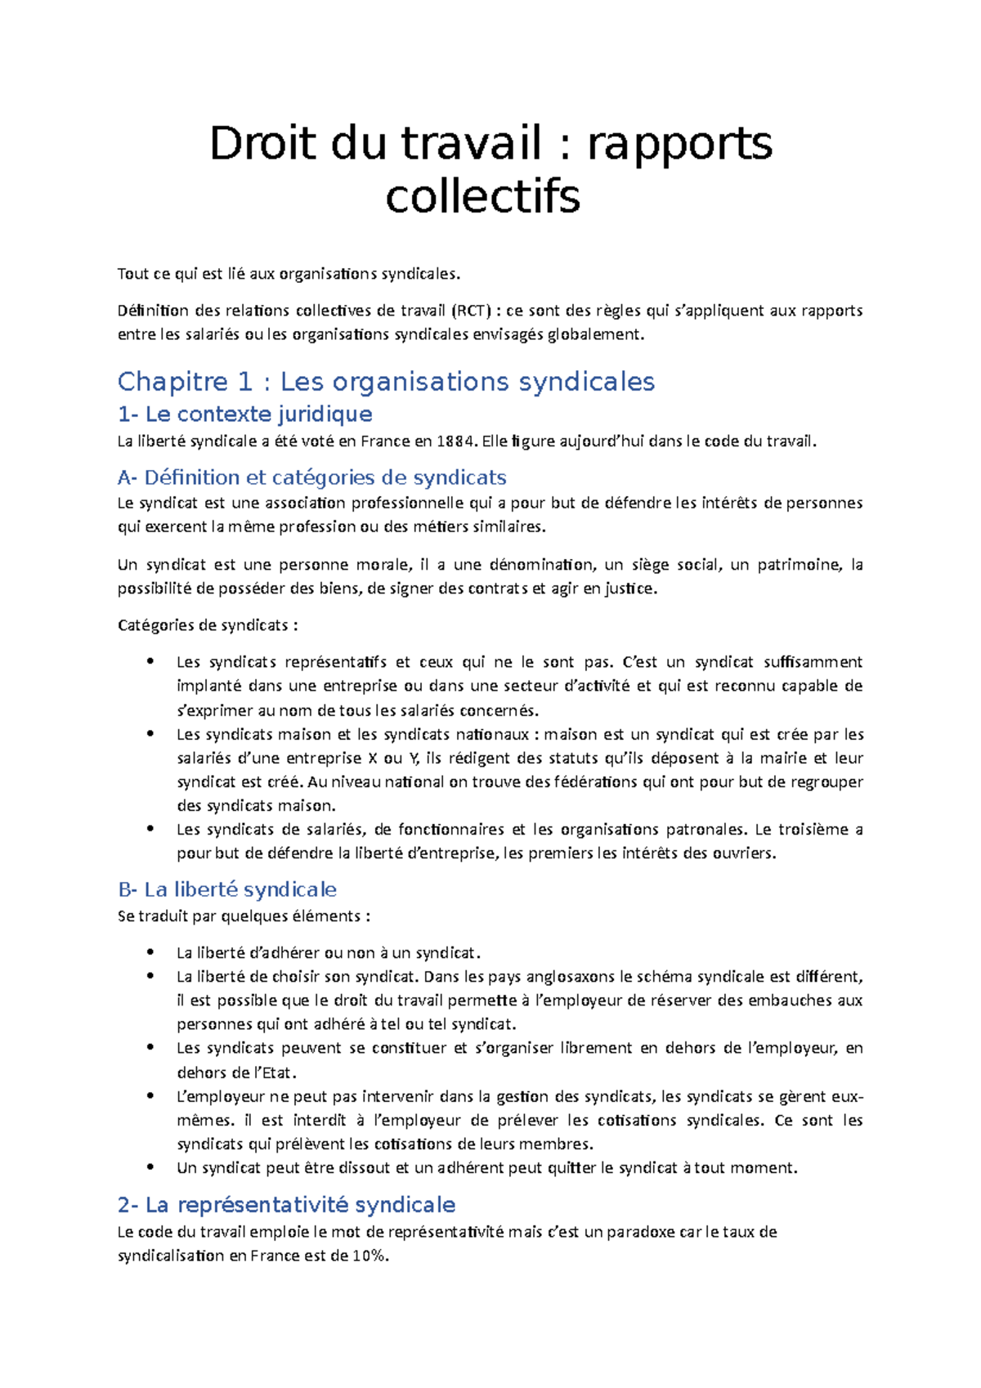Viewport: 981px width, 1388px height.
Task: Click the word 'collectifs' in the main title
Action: tap(482, 197)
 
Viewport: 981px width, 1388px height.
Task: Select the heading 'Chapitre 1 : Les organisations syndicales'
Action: tap(386, 382)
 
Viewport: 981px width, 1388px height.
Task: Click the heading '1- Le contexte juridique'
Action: tap(244, 414)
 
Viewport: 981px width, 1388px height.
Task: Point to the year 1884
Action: tap(455, 441)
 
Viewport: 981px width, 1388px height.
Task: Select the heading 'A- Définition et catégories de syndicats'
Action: tap(311, 477)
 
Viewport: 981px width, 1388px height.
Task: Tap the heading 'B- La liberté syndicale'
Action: tap(227, 889)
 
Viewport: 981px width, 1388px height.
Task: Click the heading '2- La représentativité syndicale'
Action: tap(286, 1205)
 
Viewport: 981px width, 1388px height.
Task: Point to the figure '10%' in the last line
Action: tap(369, 1256)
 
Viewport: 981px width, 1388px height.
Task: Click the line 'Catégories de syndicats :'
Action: tap(208, 625)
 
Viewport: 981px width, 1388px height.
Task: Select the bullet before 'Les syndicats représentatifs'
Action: tap(150, 662)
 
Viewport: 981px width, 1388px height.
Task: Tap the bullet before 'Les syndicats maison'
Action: tap(150, 734)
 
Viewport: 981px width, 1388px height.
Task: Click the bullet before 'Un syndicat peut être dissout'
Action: tap(150, 1167)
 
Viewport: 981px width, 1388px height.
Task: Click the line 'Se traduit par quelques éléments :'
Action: tap(244, 916)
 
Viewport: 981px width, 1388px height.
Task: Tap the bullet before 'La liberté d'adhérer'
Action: tap(150, 952)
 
